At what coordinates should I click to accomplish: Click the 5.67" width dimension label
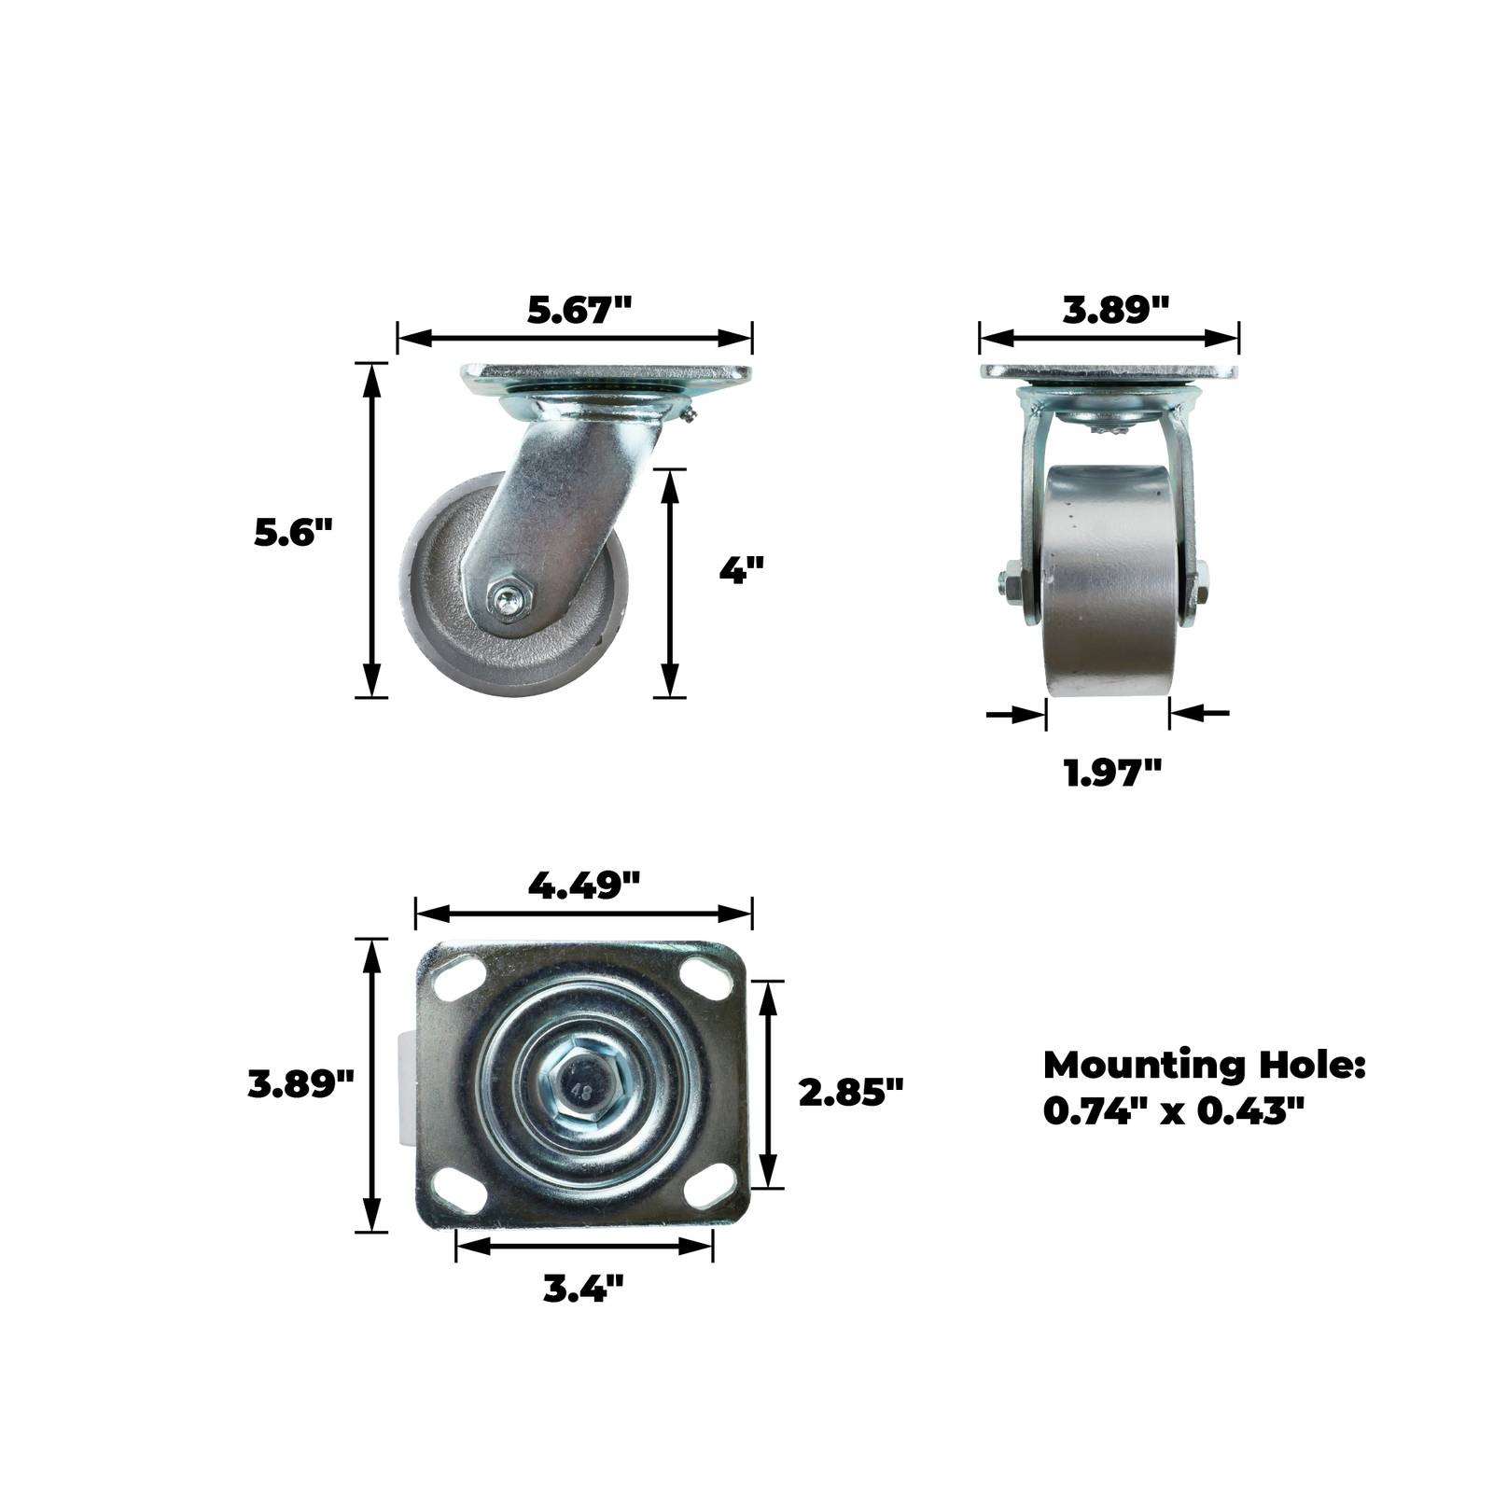(x=579, y=310)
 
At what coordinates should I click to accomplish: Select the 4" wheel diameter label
(x=742, y=569)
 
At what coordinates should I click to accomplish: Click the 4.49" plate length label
(x=584, y=884)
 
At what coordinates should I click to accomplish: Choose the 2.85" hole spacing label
(x=852, y=1091)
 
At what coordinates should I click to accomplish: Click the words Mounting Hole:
(x=1205, y=1065)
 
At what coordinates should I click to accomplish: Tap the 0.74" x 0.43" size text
(x=1173, y=1110)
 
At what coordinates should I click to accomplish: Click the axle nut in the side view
(x=509, y=599)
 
